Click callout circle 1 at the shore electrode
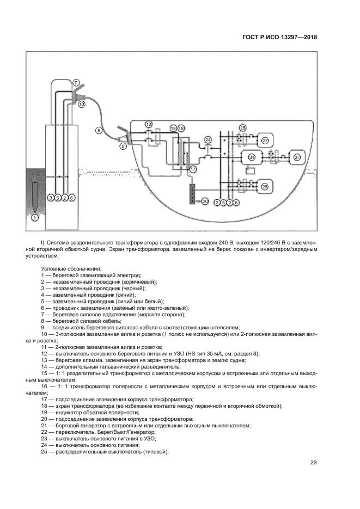click(35, 218)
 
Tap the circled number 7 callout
click(77, 82)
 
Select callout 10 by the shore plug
click(82, 103)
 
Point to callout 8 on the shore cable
click(99, 131)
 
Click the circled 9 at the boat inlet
click(123, 146)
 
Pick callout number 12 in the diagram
click(149, 125)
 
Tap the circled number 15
click(174, 128)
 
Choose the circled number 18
click(181, 128)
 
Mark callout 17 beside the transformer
click(193, 170)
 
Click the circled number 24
click(208, 140)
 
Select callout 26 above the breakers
click(243, 127)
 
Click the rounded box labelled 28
click(265, 187)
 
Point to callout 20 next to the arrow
click(205, 201)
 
